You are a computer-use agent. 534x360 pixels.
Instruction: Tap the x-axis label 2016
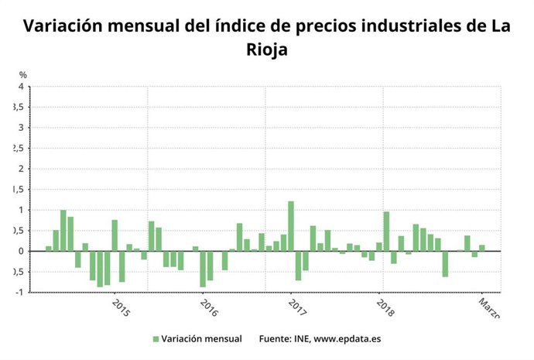tap(209, 307)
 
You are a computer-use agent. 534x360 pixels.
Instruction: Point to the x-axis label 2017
tap(297, 307)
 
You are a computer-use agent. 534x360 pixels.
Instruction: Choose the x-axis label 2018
tap(385, 307)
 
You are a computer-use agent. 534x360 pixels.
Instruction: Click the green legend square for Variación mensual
tap(156, 339)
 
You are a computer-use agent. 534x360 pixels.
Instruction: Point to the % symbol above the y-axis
tap(23, 75)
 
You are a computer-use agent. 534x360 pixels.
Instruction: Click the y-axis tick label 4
tap(21, 87)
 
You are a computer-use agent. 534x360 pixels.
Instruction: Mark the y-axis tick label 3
tap(21, 128)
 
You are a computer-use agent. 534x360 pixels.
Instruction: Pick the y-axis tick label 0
tap(21, 251)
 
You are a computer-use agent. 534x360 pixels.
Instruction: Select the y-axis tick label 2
tap(21, 169)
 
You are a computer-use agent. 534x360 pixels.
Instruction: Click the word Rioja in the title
tap(267, 50)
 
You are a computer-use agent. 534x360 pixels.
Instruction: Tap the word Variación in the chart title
tap(62, 26)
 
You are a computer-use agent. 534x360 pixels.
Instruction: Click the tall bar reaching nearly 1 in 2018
tap(386, 231)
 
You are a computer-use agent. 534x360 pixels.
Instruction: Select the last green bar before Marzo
tap(482, 248)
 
